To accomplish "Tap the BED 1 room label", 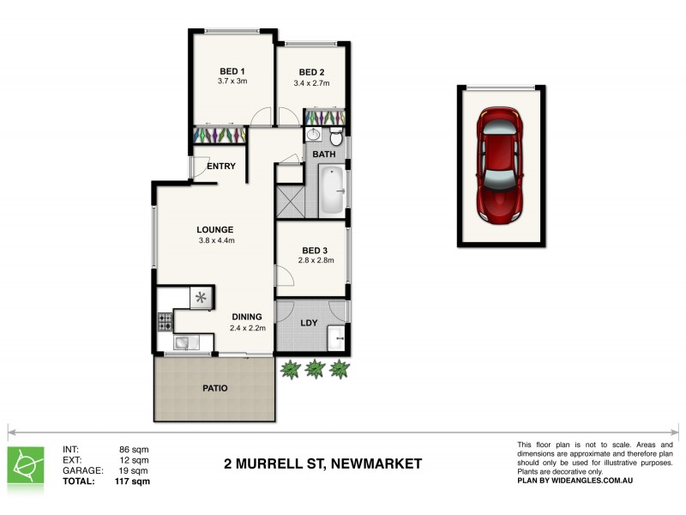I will point(232,71).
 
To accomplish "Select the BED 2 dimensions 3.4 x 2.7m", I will point(311,83).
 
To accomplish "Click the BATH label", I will point(324,154).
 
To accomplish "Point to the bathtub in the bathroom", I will point(331,191).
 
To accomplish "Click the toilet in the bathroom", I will point(336,136).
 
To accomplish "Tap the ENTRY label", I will point(221,167).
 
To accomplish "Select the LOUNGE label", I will point(214,229).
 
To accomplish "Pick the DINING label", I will point(247,317).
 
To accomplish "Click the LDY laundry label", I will point(310,324).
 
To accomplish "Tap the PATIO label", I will point(214,388).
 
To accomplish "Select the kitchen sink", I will point(184,343).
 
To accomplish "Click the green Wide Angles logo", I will point(28,464).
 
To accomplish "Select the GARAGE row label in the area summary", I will point(83,470).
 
